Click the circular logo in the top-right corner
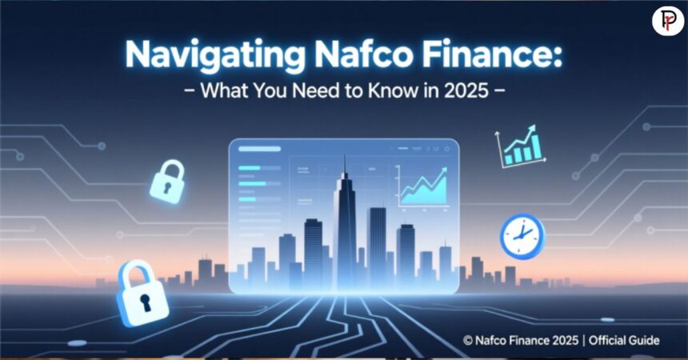(667, 19)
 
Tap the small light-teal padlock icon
(167, 185)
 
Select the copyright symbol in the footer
(468, 341)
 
